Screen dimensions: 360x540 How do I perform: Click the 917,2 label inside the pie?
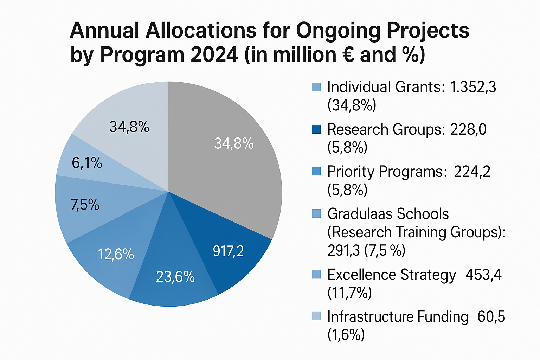228,251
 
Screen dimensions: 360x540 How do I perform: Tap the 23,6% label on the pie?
175,277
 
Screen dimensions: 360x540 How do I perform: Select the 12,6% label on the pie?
116,254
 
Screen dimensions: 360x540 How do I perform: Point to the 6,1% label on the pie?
87,163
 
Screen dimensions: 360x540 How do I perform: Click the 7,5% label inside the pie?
85,205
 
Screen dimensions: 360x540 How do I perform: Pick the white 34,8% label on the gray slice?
234,143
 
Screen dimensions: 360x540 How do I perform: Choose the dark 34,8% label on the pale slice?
129,127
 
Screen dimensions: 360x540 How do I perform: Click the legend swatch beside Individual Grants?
316,87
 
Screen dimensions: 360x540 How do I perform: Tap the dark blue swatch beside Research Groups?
316,129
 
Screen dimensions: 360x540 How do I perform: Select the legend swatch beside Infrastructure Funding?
316,316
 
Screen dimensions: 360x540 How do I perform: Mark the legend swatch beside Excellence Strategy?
316,274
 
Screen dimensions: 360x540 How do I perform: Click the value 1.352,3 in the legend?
473,87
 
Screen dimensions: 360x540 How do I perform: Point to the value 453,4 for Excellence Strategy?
483,275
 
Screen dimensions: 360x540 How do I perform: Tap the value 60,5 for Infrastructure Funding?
491,317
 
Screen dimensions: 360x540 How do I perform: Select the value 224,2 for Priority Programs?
472,172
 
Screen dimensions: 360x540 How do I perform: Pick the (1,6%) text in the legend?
346,335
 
